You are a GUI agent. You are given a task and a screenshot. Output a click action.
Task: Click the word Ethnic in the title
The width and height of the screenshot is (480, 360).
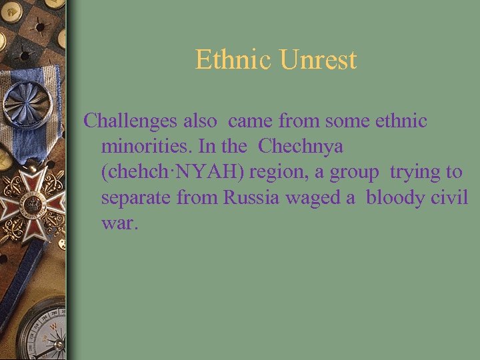pos(234,60)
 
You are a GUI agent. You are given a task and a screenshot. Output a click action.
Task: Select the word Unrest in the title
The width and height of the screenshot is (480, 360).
pos(318,60)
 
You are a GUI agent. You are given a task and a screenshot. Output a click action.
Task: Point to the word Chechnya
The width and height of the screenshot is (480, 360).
pos(301,147)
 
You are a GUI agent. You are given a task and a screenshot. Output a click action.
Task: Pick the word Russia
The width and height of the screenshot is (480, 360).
pos(252,197)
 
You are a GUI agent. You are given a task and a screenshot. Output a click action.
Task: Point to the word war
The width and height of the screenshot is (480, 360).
pos(120,223)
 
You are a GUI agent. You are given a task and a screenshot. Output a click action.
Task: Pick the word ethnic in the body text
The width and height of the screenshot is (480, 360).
pos(400,121)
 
